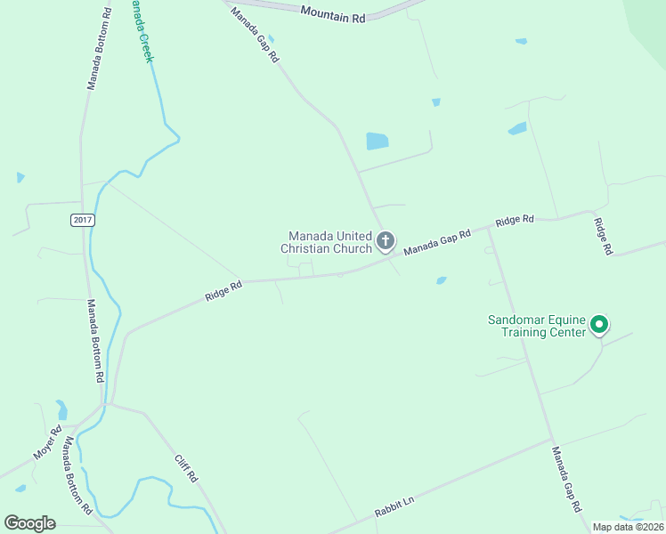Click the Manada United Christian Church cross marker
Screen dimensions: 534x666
tap(386, 240)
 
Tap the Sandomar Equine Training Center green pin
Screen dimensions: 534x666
tap(599, 325)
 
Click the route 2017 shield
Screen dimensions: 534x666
tap(82, 220)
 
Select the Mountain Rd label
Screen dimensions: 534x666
tap(333, 13)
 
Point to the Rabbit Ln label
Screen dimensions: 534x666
tap(394, 507)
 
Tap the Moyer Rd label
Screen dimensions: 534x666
tap(49, 441)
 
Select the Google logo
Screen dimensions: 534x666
tap(29, 523)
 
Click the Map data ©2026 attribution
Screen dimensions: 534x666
tap(627, 527)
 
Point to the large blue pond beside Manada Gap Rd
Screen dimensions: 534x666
tap(378, 141)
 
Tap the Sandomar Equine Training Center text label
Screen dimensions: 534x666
tap(537, 326)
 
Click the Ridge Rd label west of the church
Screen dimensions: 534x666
tap(223, 291)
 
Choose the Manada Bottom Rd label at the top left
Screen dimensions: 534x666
tap(98, 49)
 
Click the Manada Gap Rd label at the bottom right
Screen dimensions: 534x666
tap(565, 479)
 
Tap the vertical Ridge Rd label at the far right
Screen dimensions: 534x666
tap(603, 236)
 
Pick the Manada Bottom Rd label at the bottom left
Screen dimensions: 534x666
tap(76, 483)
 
